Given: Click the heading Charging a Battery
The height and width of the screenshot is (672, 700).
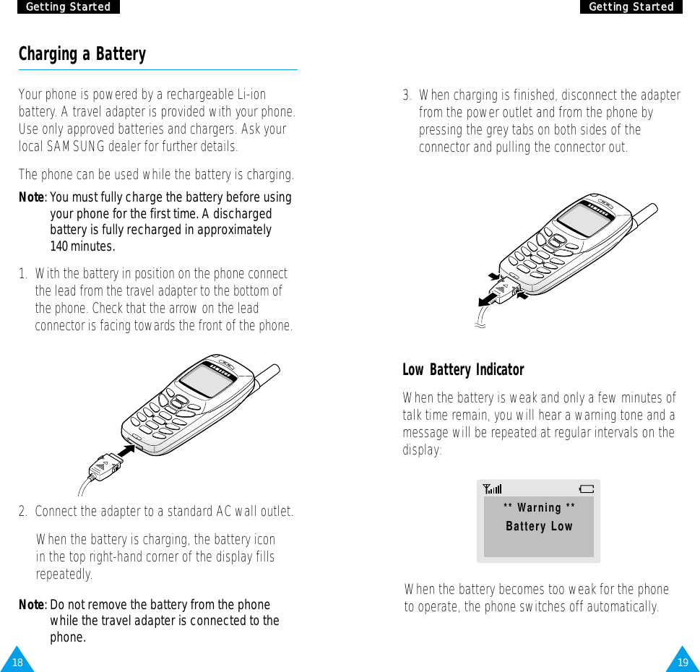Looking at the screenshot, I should click(82, 54).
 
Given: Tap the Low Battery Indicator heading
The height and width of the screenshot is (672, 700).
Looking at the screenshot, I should click(463, 370).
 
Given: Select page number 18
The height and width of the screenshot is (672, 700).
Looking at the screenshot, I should click(17, 662).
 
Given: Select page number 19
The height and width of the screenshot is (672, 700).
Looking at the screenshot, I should click(683, 662).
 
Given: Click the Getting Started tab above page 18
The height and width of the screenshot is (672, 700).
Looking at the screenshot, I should click(68, 7).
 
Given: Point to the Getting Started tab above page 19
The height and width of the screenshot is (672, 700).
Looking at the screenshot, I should click(631, 7).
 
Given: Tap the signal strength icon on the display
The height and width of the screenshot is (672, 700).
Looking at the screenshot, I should click(493, 489).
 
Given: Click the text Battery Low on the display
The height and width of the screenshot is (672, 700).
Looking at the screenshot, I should click(539, 526).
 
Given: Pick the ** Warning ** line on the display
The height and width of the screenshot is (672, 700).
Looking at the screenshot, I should click(539, 508).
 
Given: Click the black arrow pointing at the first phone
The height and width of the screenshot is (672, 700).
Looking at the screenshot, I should click(126, 452).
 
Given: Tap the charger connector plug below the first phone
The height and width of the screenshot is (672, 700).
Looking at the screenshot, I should click(102, 468).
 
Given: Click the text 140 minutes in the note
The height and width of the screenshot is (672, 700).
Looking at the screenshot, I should click(82, 247).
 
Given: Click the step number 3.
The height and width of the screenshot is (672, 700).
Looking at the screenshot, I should click(407, 95).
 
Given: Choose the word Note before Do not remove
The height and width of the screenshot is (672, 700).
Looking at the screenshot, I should click(32, 605).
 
